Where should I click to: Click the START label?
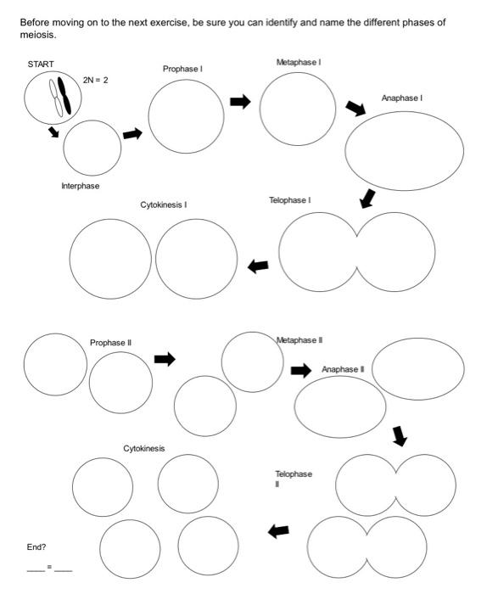click(40, 64)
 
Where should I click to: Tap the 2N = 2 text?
click(96, 79)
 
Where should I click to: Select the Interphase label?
click(80, 185)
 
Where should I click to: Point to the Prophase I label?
click(183, 68)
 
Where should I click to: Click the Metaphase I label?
click(298, 62)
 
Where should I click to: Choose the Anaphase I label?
click(402, 98)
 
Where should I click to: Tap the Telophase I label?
click(289, 200)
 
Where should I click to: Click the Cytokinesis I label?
click(164, 205)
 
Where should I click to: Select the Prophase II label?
click(111, 342)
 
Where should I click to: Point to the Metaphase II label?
click(299, 339)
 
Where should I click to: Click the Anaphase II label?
click(343, 369)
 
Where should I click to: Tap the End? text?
click(36, 546)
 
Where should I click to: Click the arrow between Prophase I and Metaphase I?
click(241, 102)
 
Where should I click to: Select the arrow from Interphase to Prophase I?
click(131, 134)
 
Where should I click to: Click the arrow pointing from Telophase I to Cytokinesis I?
click(258, 266)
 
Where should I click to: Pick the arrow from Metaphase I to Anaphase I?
click(355, 108)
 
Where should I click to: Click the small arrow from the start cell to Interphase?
click(53, 132)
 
